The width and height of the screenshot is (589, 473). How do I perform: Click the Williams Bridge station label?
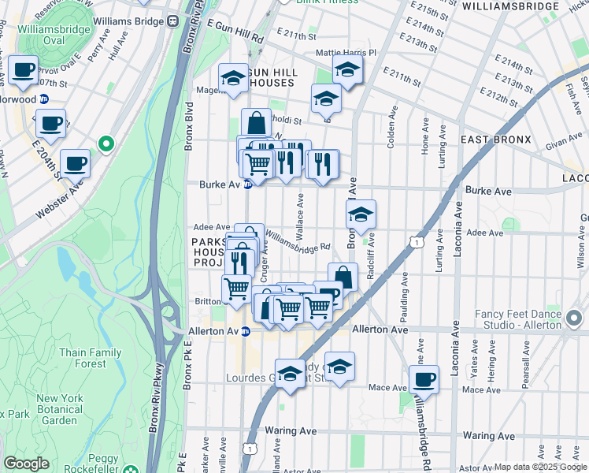tap(126, 21)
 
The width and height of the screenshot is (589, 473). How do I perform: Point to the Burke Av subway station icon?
tap(247, 185)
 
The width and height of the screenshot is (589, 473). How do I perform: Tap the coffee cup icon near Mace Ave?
tap(424, 378)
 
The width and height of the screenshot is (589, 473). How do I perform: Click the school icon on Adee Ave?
tap(361, 214)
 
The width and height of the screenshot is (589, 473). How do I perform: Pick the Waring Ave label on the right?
tap(488, 435)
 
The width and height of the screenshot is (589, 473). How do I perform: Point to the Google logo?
tap(26, 464)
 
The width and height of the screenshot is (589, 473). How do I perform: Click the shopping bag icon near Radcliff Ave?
tap(343, 277)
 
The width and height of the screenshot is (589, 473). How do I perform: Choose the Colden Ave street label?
tap(391, 125)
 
